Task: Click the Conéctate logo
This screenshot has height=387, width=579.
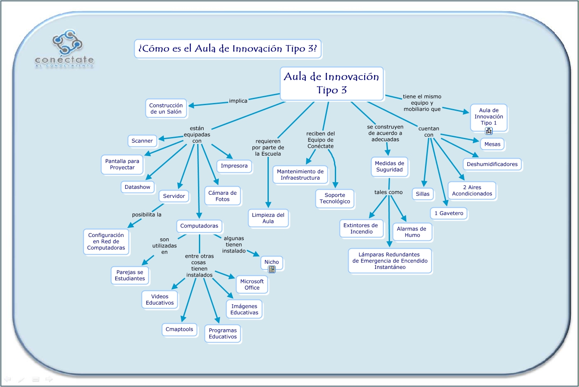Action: [x=64, y=50]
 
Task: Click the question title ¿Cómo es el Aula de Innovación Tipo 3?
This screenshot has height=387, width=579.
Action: [x=228, y=49]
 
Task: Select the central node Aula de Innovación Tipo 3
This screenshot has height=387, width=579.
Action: [x=331, y=83]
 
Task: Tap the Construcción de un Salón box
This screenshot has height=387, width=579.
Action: [x=166, y=109]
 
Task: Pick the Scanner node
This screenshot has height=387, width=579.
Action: [x=142, y=141]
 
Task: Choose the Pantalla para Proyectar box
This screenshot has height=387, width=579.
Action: [x=122, y=165]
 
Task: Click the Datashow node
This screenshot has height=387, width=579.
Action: [x=137, y=187]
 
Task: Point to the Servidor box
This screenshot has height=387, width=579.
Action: [x=174, y=196]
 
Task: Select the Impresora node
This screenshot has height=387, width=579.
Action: [x=234, y=166]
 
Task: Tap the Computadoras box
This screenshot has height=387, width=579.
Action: [x=199, y=226]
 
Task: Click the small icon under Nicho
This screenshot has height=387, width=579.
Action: [x=272, y=269]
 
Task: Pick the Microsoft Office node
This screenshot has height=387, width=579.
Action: [x=252, y=284]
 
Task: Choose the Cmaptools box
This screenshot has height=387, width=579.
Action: [x=179, y=329]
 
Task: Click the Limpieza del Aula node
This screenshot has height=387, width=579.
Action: [x=268, y=218]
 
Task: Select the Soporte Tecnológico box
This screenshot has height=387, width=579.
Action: [x=335, y=198]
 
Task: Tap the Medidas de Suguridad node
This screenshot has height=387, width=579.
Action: [x=389, y=166]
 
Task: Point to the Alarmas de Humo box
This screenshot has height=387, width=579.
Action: [x=411, y=232]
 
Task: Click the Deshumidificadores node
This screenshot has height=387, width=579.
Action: [x=492, y=164]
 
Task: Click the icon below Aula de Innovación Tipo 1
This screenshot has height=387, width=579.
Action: [x=489, y=131]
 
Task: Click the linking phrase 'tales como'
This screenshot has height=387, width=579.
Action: [x=388, y=192]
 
